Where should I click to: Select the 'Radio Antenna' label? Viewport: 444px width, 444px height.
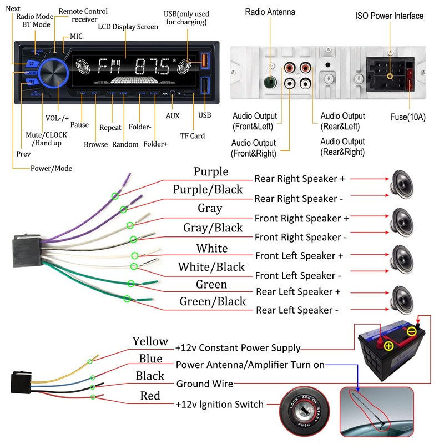(270, 12)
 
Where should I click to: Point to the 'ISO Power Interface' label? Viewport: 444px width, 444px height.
(389, 16)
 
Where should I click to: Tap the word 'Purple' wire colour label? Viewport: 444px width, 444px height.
(211, 171)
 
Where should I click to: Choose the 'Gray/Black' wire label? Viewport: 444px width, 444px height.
(213, 228)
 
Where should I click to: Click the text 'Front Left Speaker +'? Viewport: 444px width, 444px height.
(299, 256)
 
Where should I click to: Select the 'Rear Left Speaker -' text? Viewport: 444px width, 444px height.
(296, 310)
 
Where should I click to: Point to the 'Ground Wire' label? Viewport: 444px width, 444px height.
(204, 384)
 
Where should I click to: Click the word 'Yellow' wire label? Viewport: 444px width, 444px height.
(150, 341)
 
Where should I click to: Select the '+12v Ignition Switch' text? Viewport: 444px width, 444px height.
(219, 405)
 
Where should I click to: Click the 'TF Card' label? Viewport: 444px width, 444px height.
(193, 136)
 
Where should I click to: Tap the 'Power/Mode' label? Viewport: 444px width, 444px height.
(51, 168)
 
